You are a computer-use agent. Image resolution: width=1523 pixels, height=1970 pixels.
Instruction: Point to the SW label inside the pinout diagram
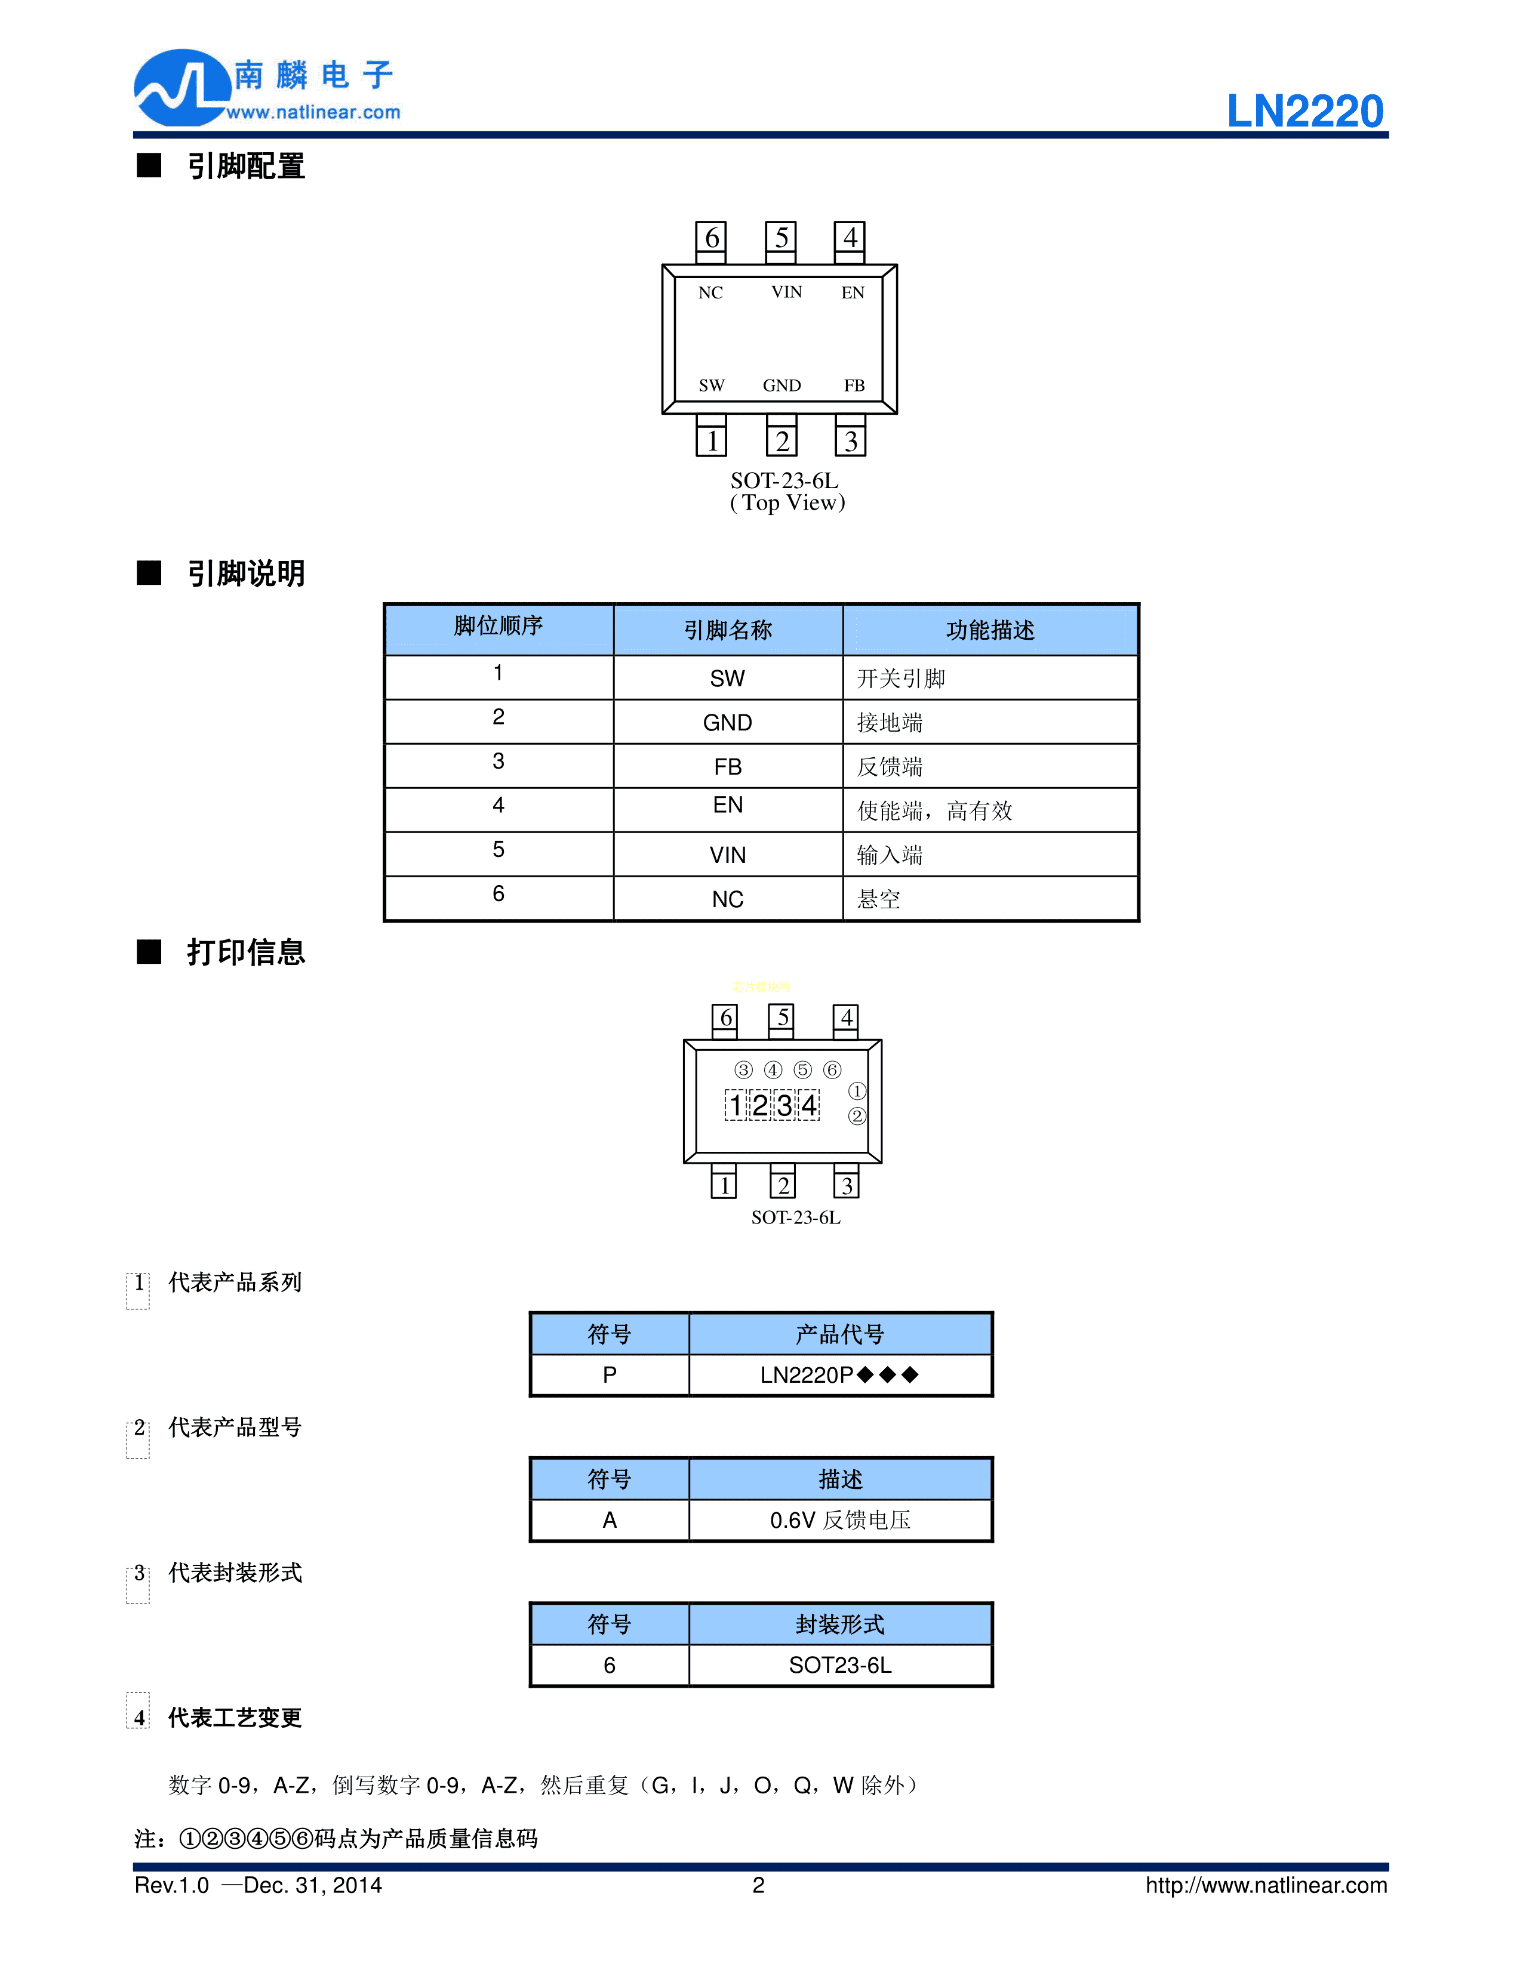[x=711, y=385]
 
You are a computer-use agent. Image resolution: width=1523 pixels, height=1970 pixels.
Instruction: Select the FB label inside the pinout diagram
[x=854, y=385]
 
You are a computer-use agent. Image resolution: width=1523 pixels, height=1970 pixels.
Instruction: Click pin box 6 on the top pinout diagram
[x=711, y=238]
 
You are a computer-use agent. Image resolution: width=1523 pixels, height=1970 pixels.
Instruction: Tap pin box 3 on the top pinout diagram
[x=850, y=441]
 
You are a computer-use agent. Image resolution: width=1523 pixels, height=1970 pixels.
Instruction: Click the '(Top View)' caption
[x=787, y=502]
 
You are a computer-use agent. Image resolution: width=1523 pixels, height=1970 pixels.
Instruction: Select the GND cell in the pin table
[x=727, y=723]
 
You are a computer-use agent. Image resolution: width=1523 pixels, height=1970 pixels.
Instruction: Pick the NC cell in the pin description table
[x=727, y=899]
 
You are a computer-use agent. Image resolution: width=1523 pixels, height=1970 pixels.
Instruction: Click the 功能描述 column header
[x=990, y=630]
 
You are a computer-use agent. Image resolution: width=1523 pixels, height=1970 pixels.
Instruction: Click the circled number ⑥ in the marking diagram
[x=832, y=1070]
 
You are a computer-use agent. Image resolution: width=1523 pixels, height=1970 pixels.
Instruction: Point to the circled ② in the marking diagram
[x=856, y=1116]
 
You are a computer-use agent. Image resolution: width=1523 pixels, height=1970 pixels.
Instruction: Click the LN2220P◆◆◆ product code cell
[x=839, y=1374]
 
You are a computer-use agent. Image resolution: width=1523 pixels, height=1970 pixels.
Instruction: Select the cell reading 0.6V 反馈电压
[x=839, y=1520]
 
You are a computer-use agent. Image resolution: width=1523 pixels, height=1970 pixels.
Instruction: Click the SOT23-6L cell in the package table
[x=839, y=1665]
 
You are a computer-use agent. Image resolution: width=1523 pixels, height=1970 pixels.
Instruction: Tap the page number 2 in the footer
[x=758, y=1885]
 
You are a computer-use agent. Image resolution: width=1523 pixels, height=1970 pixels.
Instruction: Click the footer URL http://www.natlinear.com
[x=1266, y=1885]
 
